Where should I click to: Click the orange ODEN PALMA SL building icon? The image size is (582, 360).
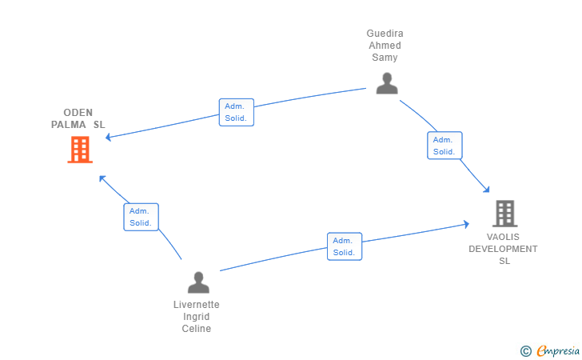coord(80,150)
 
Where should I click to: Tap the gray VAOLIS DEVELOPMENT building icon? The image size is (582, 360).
coord(504,214)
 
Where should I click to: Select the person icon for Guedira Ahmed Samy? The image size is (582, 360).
coord(387,83)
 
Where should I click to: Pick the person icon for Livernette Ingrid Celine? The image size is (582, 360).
coord(198,282)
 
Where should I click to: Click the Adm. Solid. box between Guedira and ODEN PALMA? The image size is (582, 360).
coord(237,112)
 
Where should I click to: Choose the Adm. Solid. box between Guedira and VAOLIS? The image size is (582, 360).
coord(444,146)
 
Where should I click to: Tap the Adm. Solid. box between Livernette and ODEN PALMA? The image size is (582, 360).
coord(141,217)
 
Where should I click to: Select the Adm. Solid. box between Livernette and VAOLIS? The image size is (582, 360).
coord(345,246)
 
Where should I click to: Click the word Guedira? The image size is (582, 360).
coord(385,34)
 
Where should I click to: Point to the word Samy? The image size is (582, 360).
coord(385,58)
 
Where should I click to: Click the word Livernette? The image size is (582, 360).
coord(197,305)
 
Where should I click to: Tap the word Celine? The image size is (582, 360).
coord(197,329)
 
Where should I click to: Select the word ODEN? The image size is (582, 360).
coord(78,113)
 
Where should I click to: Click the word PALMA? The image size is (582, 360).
coord(68,125)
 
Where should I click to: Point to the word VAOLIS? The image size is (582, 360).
coord(503,237)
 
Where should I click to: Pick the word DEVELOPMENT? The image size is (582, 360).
coord(503,249)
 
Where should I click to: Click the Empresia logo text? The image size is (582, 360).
coord(558,350)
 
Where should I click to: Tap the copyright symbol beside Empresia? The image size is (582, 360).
coord(525,351)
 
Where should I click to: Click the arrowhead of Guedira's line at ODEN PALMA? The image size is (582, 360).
coord(109,138)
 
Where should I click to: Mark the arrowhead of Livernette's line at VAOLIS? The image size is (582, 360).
coord(466,224)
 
